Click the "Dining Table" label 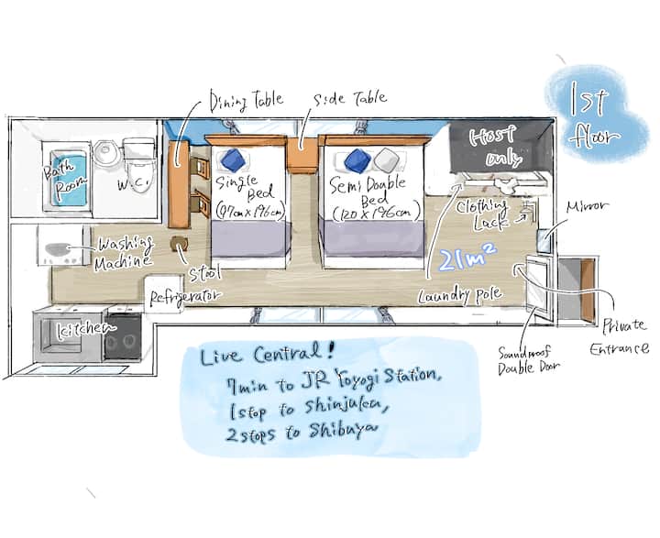[247, 99]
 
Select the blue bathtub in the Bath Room [68, 180]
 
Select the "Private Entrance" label [626, 335]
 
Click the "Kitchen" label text [87, 327]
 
